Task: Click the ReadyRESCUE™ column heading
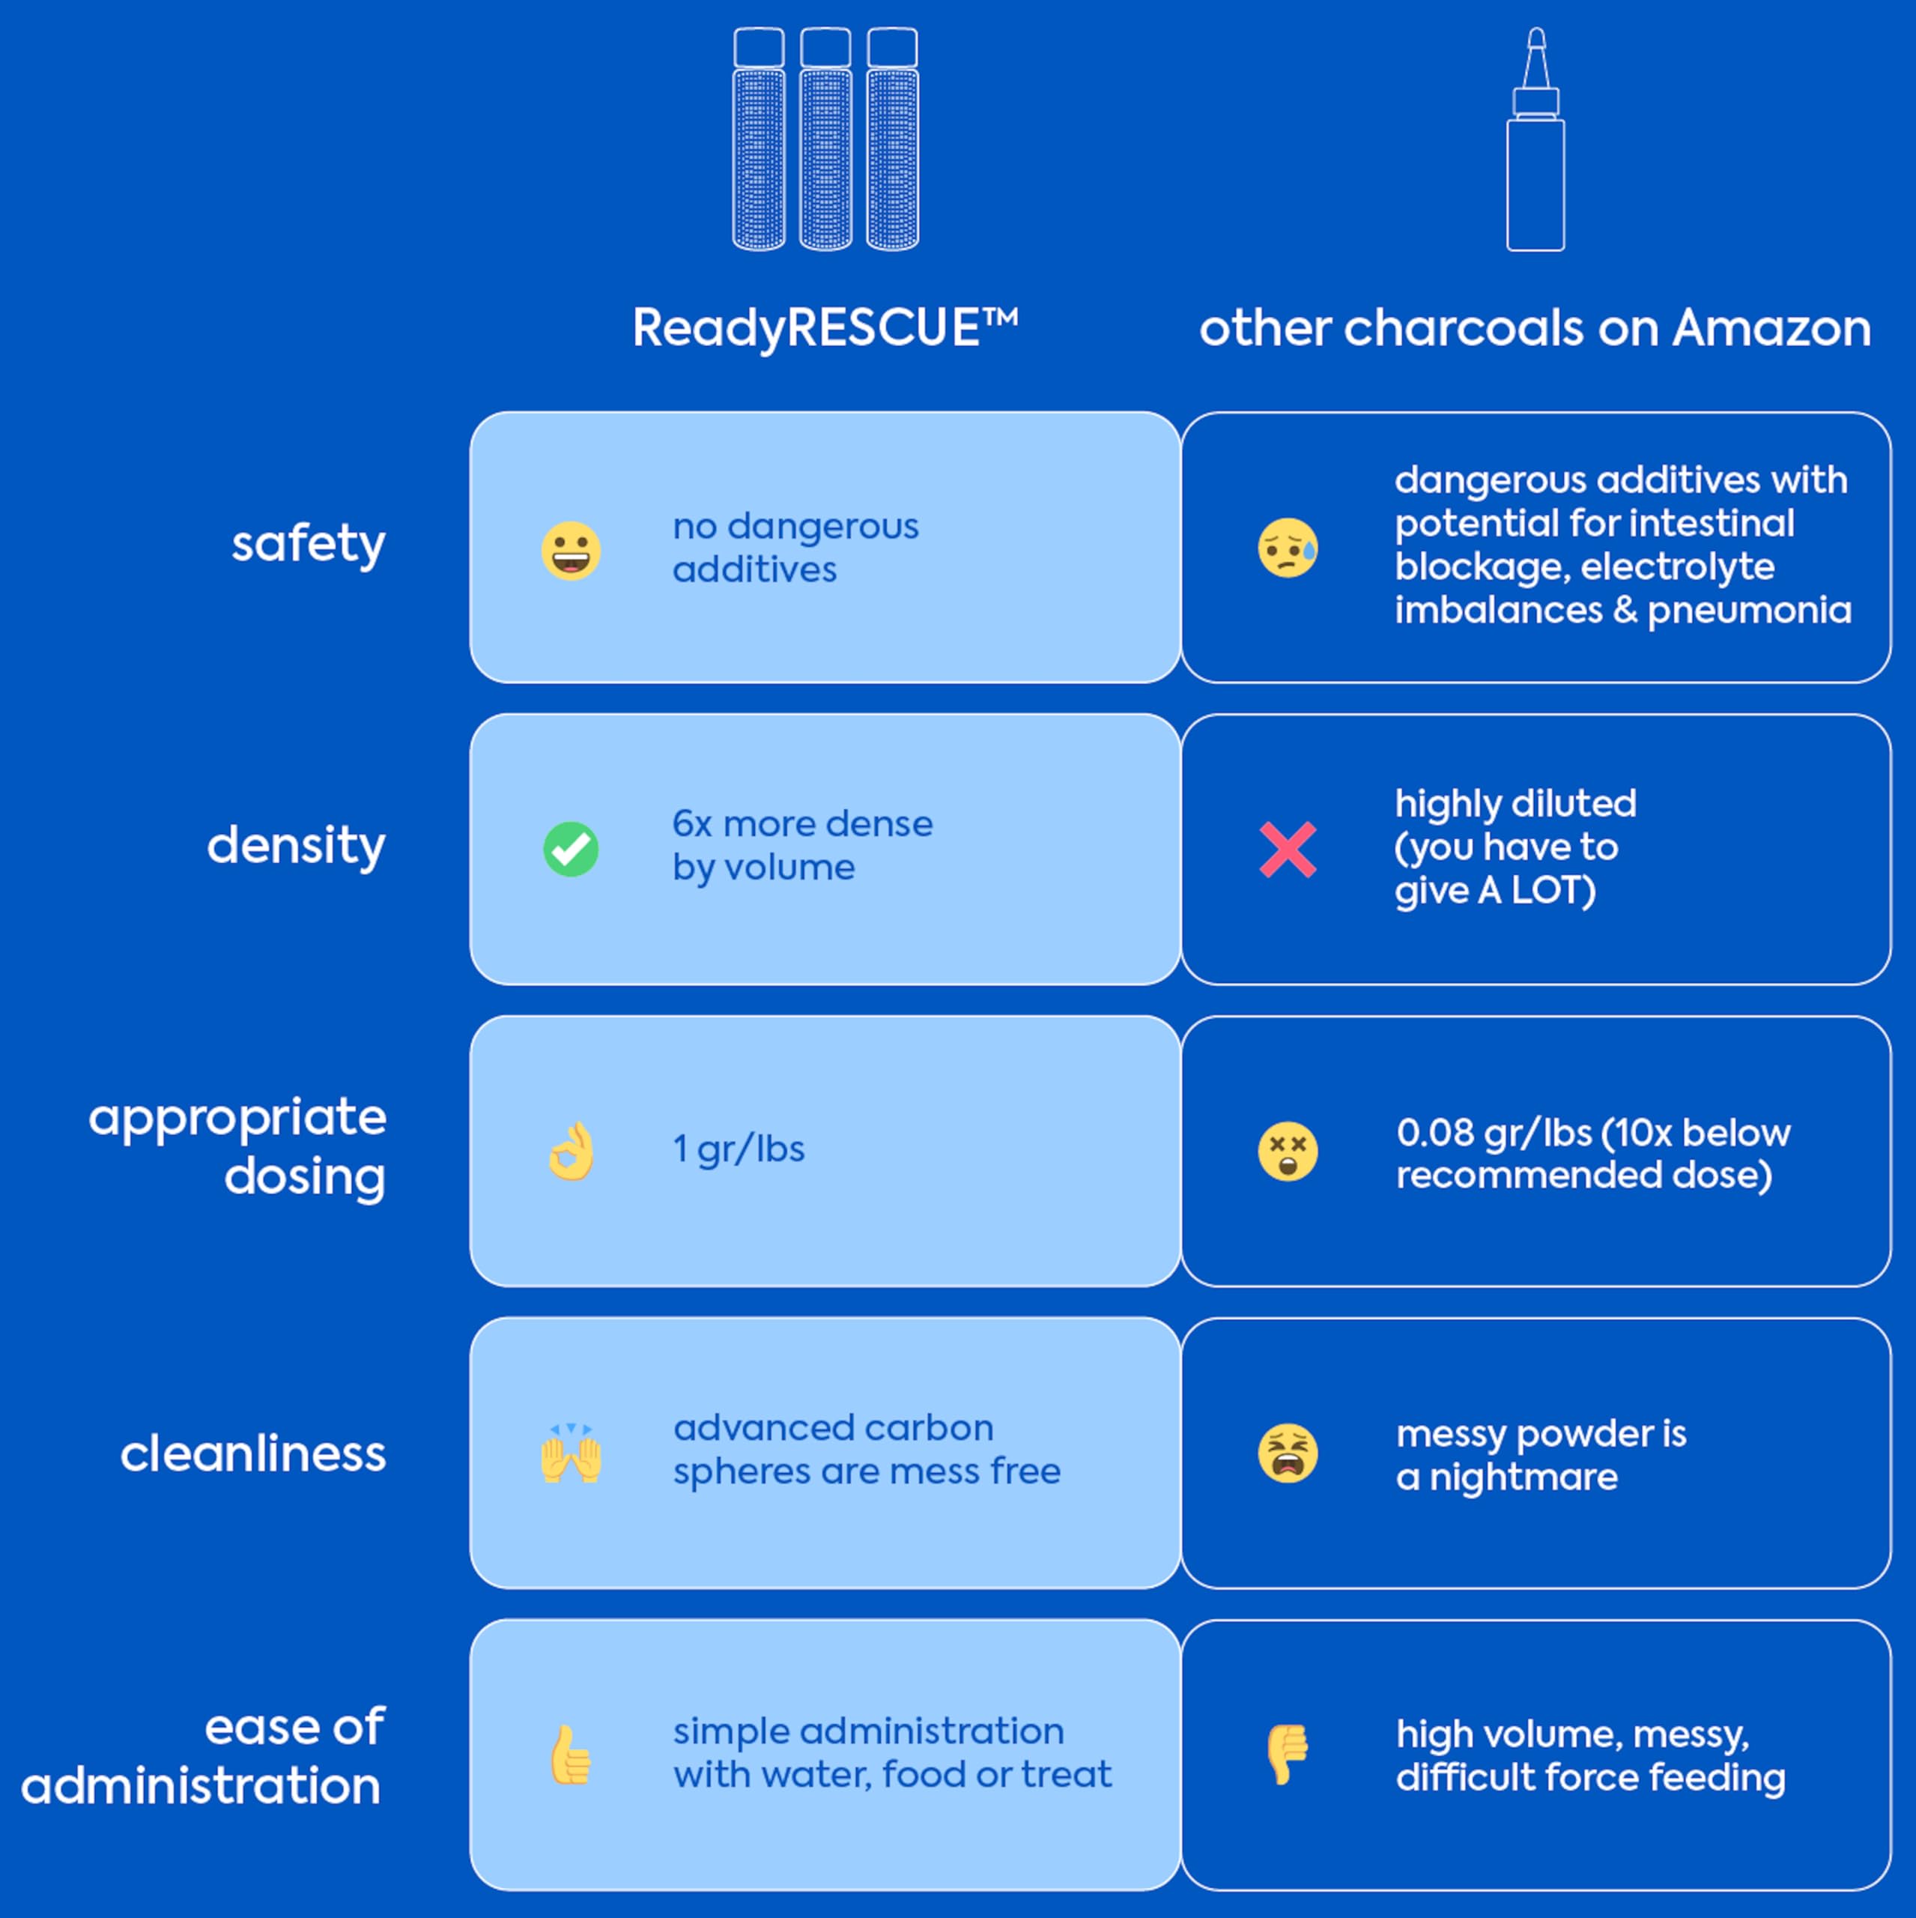click(825, 327)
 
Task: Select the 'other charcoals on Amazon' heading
click(1535, 327)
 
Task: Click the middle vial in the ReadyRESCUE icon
click(825, 139)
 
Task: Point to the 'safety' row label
click(309, 544)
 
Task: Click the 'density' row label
click(296, 846)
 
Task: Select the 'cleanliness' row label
click(253, 1454)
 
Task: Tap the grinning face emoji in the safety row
click(571, 550)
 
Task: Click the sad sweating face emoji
click(1288, 548)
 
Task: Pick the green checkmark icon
click(571, 850)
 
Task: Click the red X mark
click(1288, 850)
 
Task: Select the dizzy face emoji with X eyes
click(1288, 1152)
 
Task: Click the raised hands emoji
click(571, 1453)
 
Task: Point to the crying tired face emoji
click(1288, 1453)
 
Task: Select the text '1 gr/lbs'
click(739, 1149)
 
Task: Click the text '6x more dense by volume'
click(802, 846)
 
